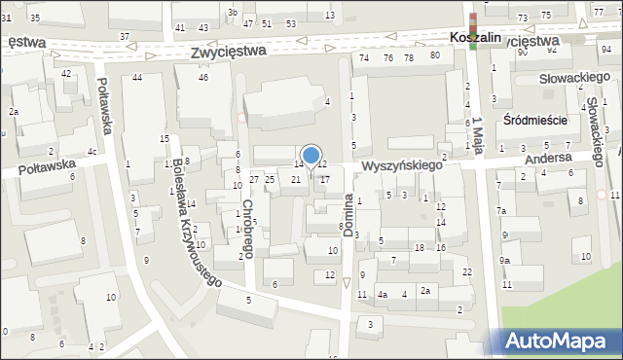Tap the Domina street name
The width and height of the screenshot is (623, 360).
pyautogui.click(x=348, y=210)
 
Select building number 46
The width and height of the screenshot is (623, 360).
pyautogui.click(x=203, y=77)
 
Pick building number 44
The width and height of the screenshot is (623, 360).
pyautogui.click(x=138, y=77)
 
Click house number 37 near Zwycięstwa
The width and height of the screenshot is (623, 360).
pyautogui.click(x=125, y=36)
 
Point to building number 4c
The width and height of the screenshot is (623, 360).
pyautogui.click(x=92, y=151)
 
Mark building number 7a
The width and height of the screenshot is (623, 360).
pyautogui.click(x=501, y=211)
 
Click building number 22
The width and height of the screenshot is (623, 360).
pyautogui.click(x=468, y=270)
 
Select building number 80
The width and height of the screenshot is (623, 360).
pyautogui.click(x=434, y=54)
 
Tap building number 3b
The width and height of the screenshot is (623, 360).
pyautogui.click(x=232, y=12)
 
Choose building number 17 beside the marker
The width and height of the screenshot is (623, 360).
pyautogui.click(x=325, y=179)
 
